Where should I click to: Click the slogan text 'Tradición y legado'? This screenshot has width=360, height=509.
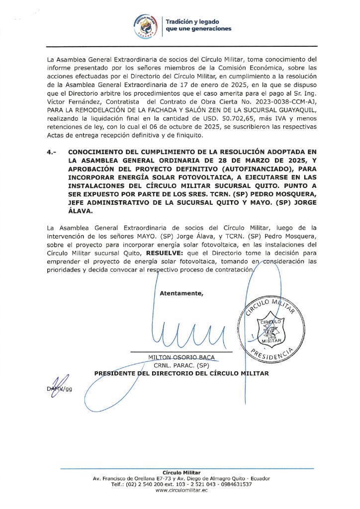192,22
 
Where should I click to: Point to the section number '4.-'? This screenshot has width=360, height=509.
52,152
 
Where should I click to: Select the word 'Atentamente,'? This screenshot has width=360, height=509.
181,293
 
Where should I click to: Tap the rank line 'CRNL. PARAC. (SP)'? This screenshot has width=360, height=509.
181,365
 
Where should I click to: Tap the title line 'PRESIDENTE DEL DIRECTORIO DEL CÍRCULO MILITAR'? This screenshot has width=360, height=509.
181,373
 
